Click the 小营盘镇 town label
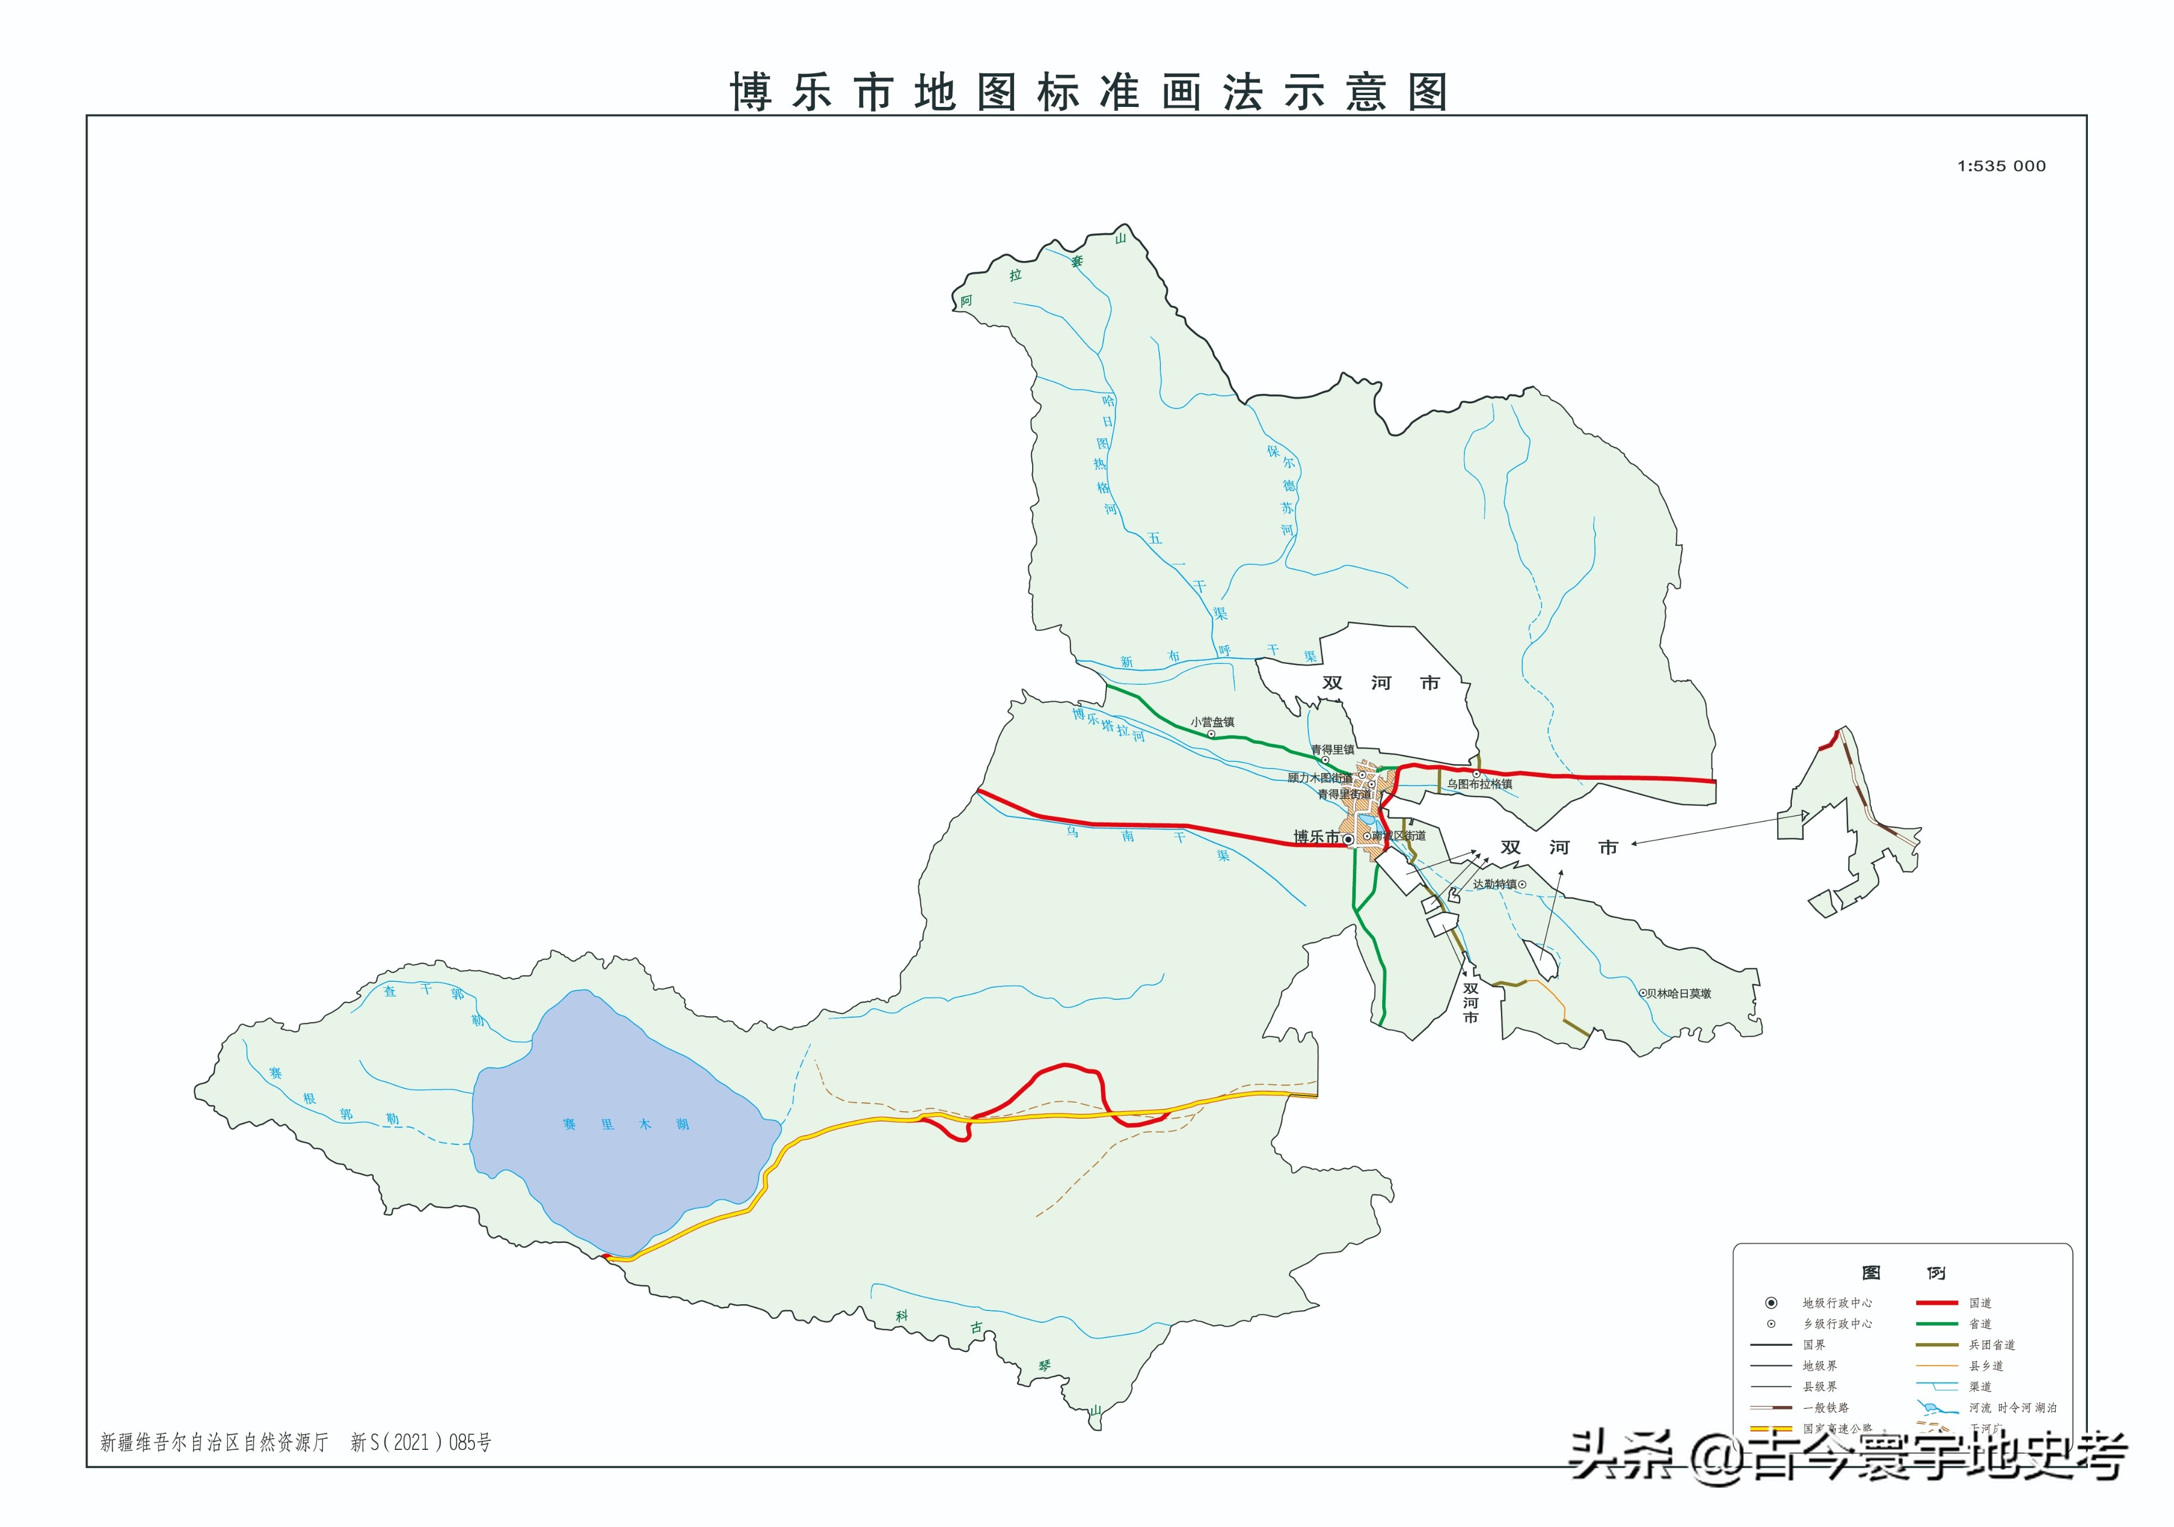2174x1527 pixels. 1212,722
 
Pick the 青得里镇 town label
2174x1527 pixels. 1332,750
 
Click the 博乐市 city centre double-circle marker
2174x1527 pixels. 1348,839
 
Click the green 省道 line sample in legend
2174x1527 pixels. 1937,1323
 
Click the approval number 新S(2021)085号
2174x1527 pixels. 420,1443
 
